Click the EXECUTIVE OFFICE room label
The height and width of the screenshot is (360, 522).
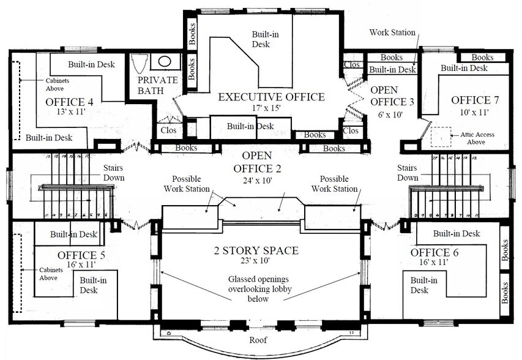click(x=271, y=97)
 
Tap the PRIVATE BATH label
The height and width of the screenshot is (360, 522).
click(x=157, y=86)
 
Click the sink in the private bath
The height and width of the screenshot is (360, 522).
click(x=165, y=62)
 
